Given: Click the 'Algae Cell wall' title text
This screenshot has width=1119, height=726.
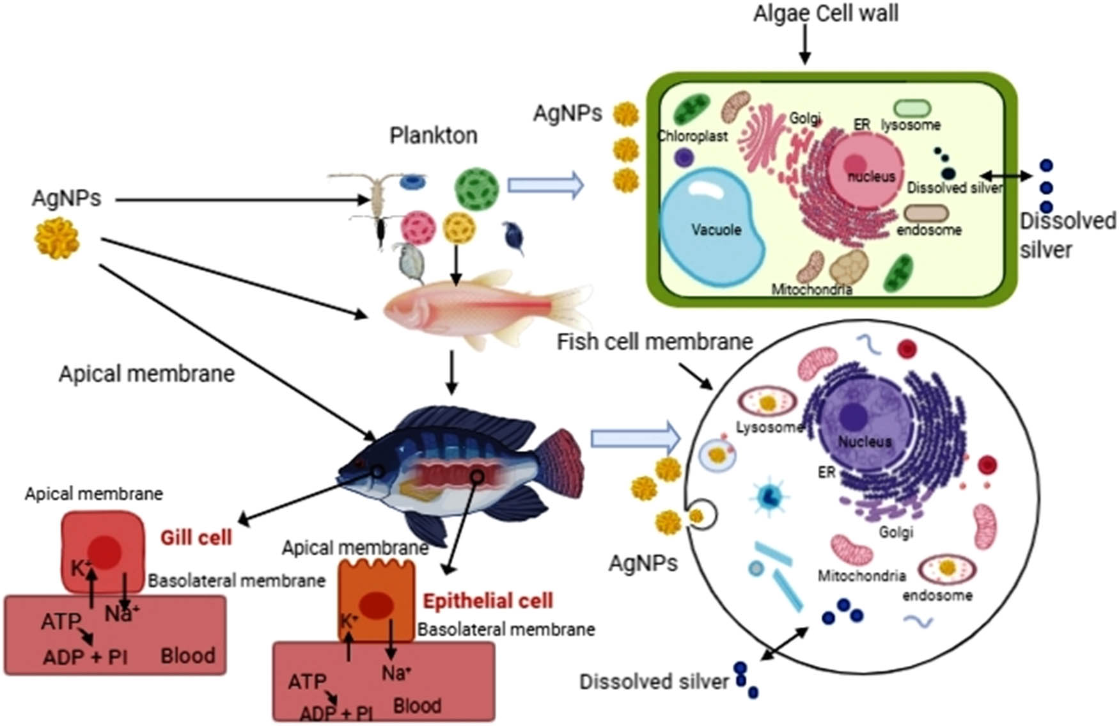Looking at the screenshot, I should pyautogui.click(x=825, y=13).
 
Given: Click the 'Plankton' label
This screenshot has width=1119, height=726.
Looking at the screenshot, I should pyautogui.click(x=433, y=136).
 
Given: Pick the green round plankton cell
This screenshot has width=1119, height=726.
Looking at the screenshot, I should pyautogui.click(x=476, y=189).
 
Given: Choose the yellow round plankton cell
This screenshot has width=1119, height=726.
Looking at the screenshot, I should pyautogui.click(x=459, y=228).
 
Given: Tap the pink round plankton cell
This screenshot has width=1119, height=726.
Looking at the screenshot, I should pyautogui.click(x=418, y=228).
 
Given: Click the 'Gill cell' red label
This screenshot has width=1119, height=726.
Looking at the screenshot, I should pyautogui.click(x=196, y=537).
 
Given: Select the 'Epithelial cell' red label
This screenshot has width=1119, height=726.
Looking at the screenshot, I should pyautogui.click(x=488, y=601).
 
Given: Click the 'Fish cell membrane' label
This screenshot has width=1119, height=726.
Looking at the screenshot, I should pyautogui.click(x=654, y=342).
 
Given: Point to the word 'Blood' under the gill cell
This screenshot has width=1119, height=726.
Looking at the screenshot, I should pyautogui.click(x=187, y=656).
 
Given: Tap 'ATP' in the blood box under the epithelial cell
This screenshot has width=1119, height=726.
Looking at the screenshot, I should pyautogui.click(x=307, y=682).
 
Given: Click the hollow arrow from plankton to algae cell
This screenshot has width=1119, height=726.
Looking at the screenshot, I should pyautogui.click(x=545, y=185).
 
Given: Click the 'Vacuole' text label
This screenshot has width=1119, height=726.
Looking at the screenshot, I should pyautogui.click(x=716, y=230).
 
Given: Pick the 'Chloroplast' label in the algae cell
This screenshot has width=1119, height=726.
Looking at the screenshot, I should pyautogui.click(x=693, y=136).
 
